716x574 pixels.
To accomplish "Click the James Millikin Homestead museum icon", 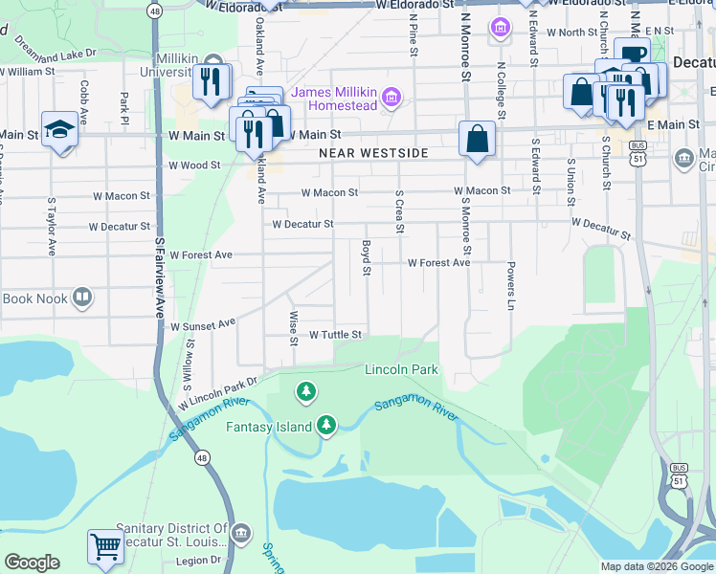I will (391, 98).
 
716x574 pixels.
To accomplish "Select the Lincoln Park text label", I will (401, 369).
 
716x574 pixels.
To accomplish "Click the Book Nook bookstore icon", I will (82, 298).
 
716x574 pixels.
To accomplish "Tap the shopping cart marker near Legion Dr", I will (106, 547).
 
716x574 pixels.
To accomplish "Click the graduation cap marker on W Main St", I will (59, 131).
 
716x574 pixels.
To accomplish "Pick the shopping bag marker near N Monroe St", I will (477, 139).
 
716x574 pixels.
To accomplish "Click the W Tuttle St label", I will (335, 335).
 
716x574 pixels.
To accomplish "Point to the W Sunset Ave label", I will (202, 325).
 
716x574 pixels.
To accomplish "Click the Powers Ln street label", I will (511, 285).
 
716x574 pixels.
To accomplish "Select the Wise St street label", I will (293, 321).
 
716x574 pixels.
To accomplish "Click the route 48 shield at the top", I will (154, 10).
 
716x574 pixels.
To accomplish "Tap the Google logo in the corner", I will (32, 563).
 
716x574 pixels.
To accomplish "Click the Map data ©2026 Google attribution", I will (656, 566).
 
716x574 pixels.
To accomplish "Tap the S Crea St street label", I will (400, 214).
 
